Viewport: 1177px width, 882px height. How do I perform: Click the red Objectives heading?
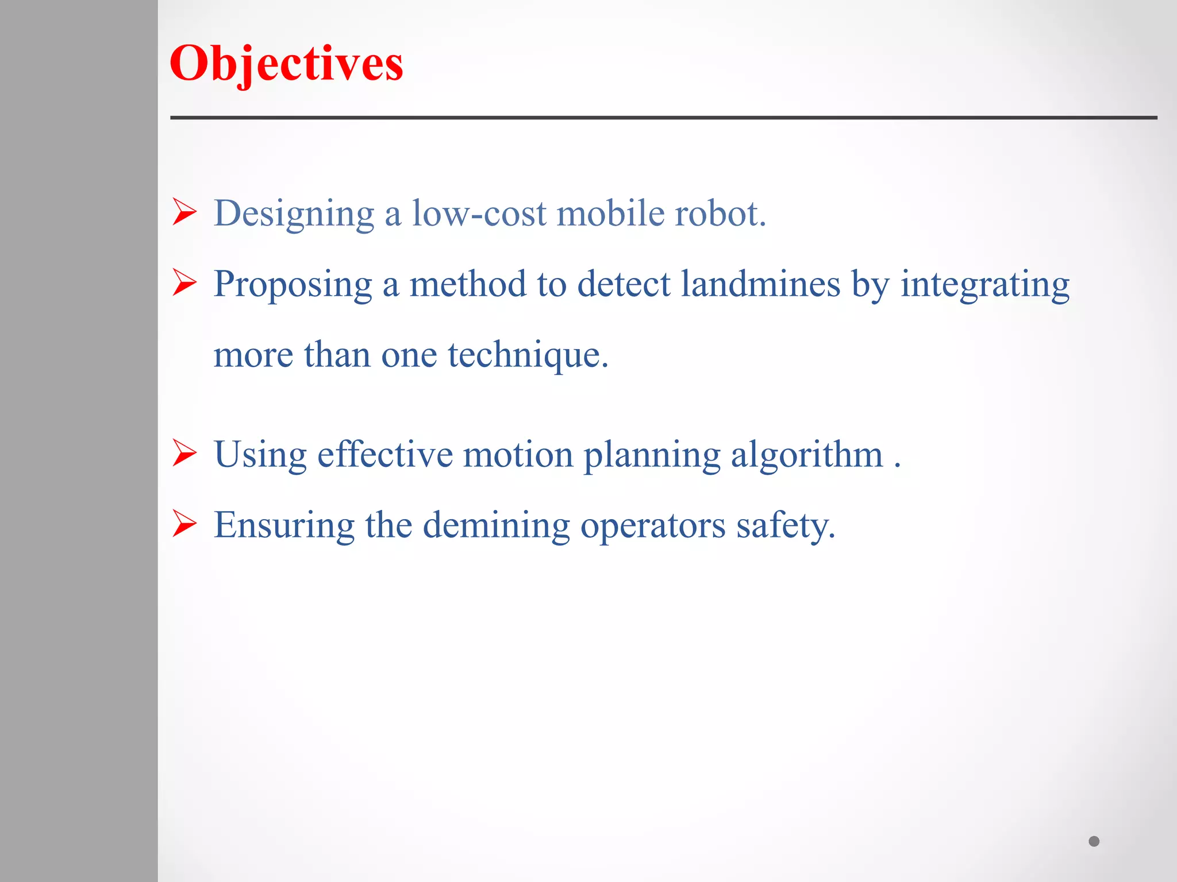point(286,64)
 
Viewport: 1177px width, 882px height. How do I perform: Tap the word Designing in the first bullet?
point(294,214)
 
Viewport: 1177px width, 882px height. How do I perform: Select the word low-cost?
point(479,214)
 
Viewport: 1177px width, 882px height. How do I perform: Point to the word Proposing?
point(293,285)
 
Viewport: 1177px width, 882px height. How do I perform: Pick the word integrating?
point(984,285)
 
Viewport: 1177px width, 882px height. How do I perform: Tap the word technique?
point(527,355)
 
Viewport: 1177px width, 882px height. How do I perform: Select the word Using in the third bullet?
point(260,455)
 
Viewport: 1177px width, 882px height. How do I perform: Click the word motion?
point(518,454)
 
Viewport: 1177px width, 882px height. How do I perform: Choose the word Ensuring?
point(284,526)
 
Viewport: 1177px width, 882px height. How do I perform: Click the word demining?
point(496,525)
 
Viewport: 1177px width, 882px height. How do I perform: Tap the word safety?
point(785,526)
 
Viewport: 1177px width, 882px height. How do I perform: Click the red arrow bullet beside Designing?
point(184,212)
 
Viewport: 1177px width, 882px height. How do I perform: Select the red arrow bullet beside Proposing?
point(184,283)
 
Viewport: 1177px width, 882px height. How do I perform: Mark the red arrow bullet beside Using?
point(184,453)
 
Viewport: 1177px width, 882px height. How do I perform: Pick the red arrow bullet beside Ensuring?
point(184,524)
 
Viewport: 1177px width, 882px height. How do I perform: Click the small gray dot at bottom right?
point(1094,841)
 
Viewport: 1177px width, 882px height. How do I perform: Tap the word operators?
point(653,526)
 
